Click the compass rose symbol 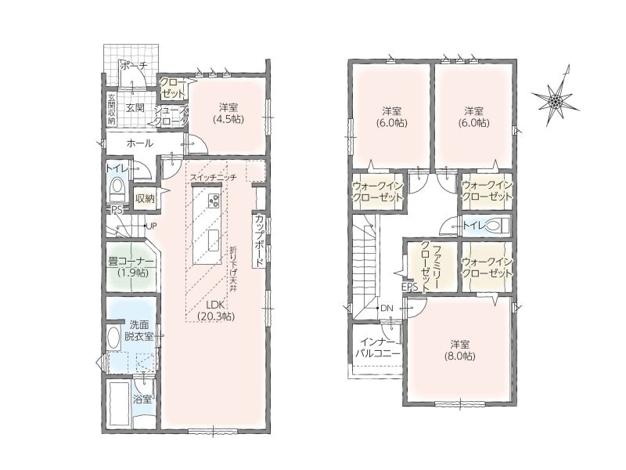(556, 101)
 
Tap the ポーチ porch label (134, 66)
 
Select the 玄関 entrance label (135, 107)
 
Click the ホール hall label (139, 143)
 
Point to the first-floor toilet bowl (117, 190)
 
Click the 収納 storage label (145, 198)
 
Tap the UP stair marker (151, 226)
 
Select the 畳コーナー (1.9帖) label (131, 267)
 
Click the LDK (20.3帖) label (216, 309)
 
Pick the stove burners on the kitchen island (213, 201)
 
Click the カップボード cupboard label (259, 240)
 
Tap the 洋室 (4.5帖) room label (228, 113)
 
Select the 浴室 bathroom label (142, 399)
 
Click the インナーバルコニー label (377, 348)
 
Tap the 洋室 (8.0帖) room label (460, 350)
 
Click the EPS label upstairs (409, 287)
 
